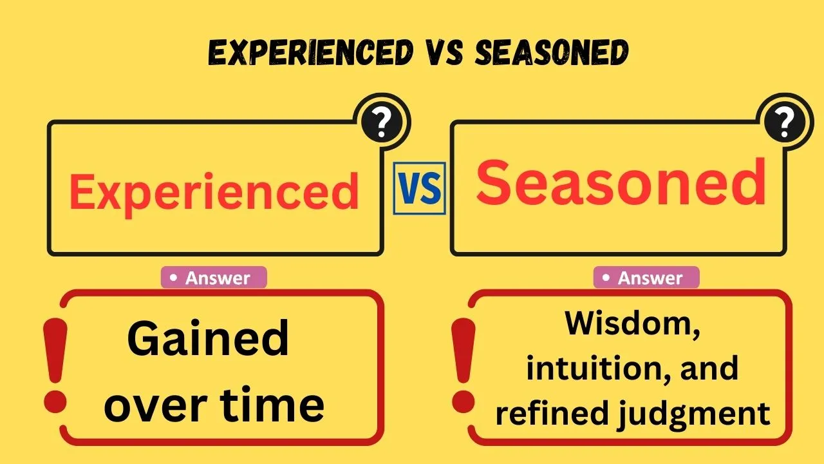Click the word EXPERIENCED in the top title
(310, 52)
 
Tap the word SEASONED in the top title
(551, 52)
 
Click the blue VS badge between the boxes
(419, 188)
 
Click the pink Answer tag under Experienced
(214, 278)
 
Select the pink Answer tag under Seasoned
(646, 278)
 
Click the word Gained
(208, 340)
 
